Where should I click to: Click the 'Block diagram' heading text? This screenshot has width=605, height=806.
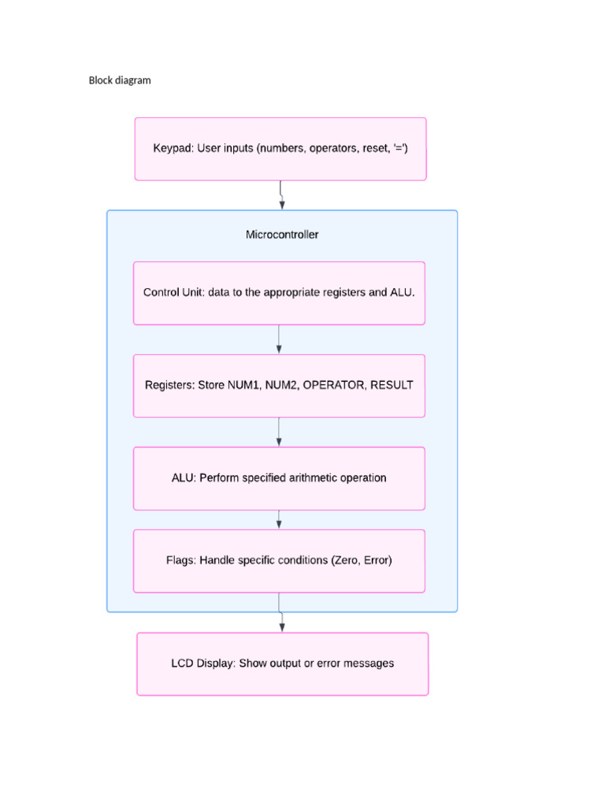coord(119,80)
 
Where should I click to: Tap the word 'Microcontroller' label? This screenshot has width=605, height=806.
coord(282,235)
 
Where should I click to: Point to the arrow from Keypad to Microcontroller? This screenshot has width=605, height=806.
coord(281,195)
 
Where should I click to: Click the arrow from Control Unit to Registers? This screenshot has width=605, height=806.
coord(279,339)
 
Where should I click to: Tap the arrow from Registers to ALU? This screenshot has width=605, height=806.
coord(279,432)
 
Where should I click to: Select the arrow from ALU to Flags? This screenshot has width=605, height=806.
coord(279,519)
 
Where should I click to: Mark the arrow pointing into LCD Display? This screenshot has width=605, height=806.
coord(281,622)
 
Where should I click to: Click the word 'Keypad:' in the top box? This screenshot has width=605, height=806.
coord(173,148)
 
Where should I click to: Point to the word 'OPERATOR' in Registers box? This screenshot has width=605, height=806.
coord(334,386)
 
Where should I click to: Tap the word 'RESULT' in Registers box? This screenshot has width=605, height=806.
coord(392,386)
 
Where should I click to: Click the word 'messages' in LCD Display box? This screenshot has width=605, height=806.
coord(368,664)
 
